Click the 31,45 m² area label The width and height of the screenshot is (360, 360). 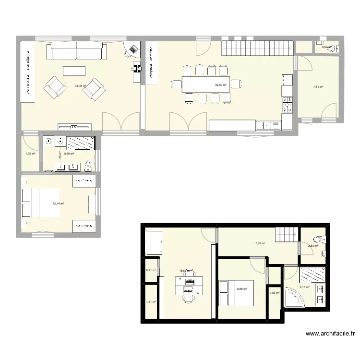point(80,86)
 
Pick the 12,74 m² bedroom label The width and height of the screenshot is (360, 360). point(59,204)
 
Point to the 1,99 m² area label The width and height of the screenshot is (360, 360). point(30,154)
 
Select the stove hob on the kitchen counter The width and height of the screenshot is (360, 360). point(288,105)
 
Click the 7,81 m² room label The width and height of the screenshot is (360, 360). point(318,87)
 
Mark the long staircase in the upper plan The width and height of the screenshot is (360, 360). point(257,48)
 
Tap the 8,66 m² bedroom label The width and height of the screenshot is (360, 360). point(242,289)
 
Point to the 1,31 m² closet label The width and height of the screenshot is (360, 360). point(151,302)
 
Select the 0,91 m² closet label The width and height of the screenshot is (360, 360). point(151,270)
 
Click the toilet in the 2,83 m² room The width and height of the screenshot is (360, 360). point(317,240)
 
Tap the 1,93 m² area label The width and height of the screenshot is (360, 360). point(275,293)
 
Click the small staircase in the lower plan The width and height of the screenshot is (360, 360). point(287,236)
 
